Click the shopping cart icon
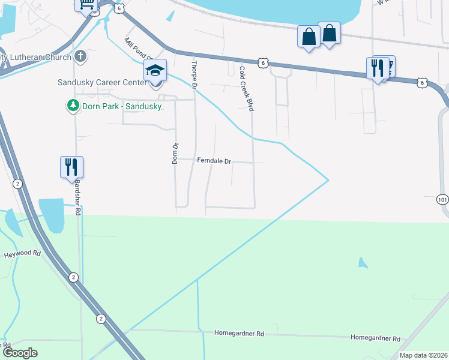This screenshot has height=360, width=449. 86,4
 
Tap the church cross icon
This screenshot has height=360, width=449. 80,57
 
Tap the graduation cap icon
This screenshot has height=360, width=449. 155,71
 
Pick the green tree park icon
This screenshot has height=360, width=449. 73,106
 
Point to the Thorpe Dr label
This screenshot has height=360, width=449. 194,74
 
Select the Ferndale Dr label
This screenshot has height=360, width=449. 214,161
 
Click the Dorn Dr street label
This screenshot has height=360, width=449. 175,154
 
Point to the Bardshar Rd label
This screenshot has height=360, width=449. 77,197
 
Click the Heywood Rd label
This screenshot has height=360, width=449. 22,254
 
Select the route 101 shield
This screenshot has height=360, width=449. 443,199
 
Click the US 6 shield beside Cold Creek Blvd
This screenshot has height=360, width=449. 262,62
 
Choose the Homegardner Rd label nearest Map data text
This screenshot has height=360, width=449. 376,339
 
